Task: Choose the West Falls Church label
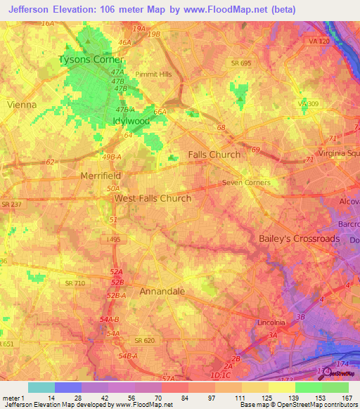(153, 198)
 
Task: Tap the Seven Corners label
(246, 183)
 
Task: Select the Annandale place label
(162, 291)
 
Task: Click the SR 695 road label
(241, 63)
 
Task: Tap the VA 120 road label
(319, 42)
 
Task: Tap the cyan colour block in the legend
(41, 387)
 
